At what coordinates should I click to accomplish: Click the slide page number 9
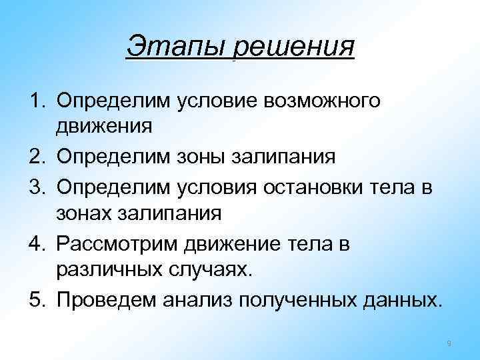[x=449, y=343]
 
